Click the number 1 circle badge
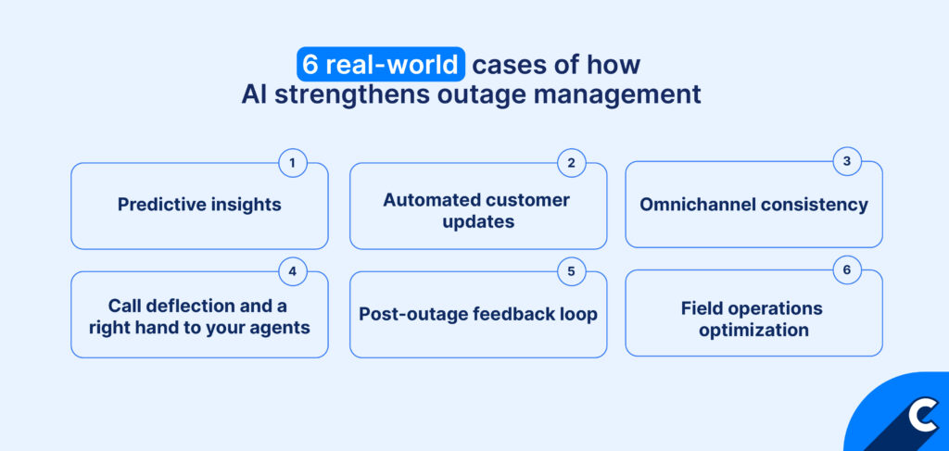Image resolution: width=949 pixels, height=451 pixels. (292, 164)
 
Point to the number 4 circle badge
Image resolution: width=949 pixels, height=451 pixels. (292, 272)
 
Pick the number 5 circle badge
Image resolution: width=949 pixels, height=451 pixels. (571, 272)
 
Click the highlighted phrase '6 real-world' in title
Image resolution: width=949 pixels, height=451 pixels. (380, 66)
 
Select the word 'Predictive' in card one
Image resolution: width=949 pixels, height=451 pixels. (154, 205)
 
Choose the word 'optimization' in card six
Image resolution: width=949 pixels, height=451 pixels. (753, 330)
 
